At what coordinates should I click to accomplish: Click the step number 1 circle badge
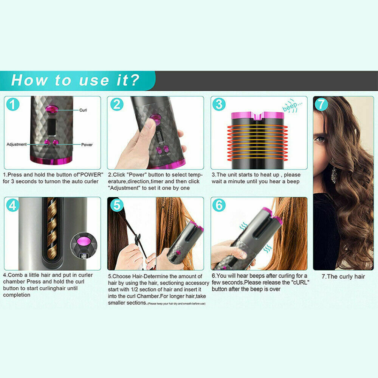tap(13, 104)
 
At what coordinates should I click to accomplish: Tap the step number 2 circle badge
tap(116, 104)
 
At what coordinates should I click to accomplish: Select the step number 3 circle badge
tap(219, 104)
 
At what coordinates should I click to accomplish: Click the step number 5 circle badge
tap(116, 205)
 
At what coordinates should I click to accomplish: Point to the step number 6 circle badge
tap(219, 205)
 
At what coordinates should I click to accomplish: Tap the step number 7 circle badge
tap(321, 104)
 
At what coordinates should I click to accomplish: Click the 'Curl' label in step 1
tap(83, 110)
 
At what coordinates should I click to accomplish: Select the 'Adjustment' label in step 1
tap(17, 144)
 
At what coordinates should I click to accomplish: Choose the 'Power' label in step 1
tap(87, 144)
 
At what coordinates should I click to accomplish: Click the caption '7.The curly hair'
tap(343, 276)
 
